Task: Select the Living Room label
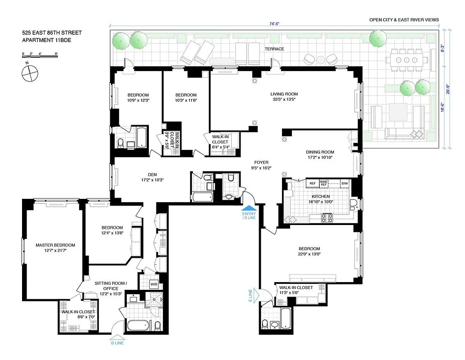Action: click(x=284, y=94)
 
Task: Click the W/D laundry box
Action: click(x=153, y=284)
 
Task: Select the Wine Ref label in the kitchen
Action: click(x=324, y=184)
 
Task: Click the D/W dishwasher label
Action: click(x=344, y=184)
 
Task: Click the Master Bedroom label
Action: click(x=55, y=245)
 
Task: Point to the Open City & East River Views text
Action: click(x=404, y=20)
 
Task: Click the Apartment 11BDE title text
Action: click(x=46, y=40)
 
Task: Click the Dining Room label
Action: click(x=320, y=152)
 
